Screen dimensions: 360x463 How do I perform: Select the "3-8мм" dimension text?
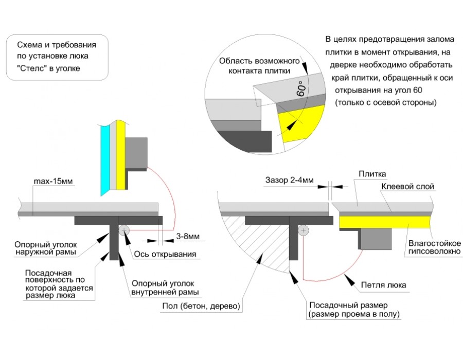tap(185, 237)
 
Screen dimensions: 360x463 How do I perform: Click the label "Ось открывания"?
tap(165, 254)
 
